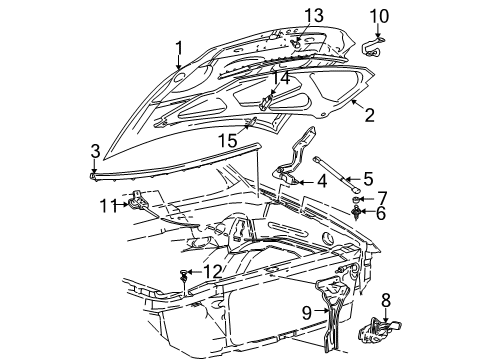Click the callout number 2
[369, 117]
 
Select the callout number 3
[94, 152]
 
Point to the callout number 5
[368, 179]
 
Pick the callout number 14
[282, 77]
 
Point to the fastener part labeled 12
[187, 273]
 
